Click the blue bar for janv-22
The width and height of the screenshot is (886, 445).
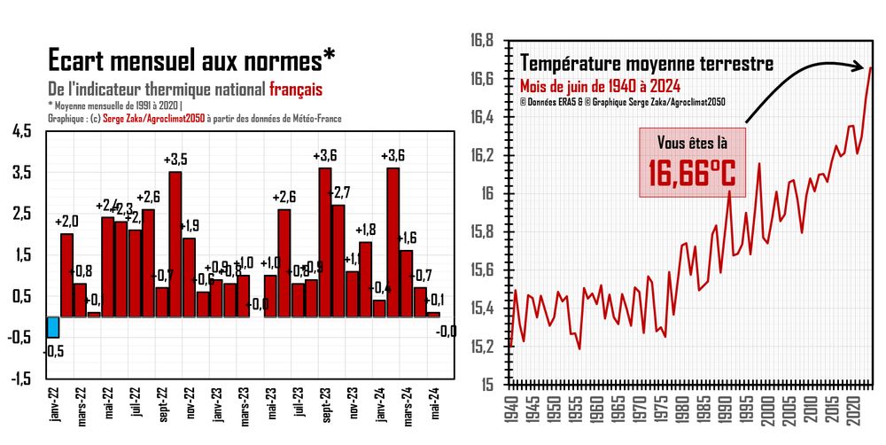(x=53, y=326)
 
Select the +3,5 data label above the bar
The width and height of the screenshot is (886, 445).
(x=175, y=160)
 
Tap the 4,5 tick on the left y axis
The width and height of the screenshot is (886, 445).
(x=21, y=131)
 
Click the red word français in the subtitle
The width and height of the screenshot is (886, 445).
(x=296, y=90)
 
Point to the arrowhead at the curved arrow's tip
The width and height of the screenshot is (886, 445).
(x=862, y=66)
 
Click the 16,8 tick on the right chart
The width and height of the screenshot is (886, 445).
(x=482, y=41)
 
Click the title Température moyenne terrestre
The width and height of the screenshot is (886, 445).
(x=647, y=64)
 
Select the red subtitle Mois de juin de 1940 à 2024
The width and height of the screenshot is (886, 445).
(x=600, y=86)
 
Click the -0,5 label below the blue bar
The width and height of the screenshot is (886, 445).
(x=53, y=350)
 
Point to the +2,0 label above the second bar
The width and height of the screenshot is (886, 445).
(x=67, y=222)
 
